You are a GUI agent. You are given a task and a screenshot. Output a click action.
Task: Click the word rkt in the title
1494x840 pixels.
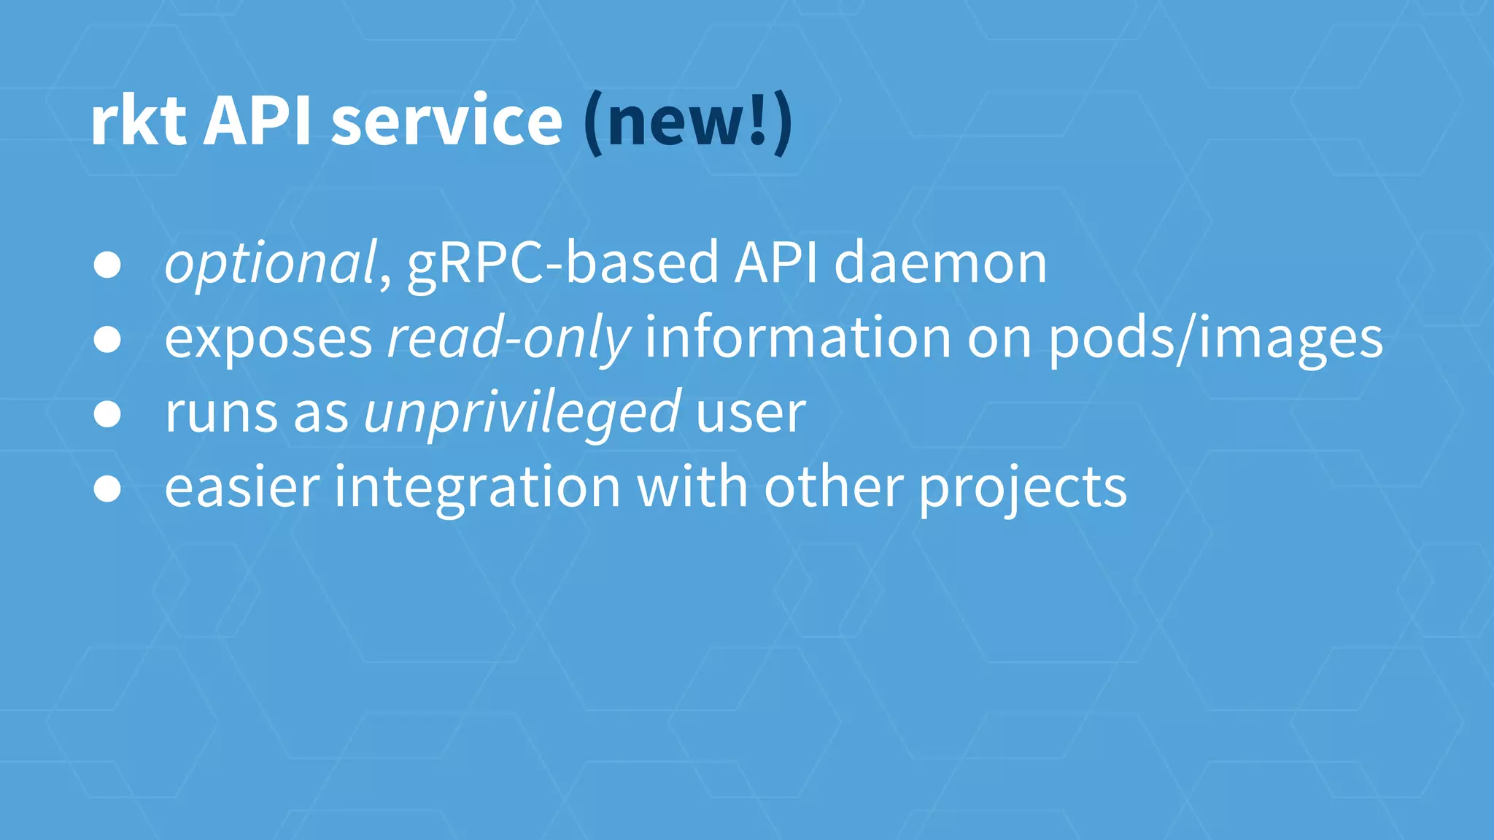tap(138, 121)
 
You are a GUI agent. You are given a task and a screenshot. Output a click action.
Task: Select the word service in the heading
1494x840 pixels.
tap(446, 121)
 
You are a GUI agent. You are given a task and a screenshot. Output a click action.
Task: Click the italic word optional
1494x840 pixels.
tap(271, 262)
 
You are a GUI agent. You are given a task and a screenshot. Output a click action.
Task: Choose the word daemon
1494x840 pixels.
tap(940, 262)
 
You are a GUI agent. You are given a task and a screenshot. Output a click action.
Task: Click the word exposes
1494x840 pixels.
tap(268, 338)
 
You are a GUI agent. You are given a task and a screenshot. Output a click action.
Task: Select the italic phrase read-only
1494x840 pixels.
tap(508, 338)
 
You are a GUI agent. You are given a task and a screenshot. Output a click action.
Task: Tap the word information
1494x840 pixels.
tap(797, 338)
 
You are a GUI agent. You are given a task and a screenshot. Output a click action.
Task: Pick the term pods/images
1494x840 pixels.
tap(1215, 338)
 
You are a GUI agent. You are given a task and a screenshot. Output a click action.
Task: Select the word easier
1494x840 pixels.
tap(242, 487)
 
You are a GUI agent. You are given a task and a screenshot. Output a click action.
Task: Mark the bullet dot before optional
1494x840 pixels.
tap(107, 265)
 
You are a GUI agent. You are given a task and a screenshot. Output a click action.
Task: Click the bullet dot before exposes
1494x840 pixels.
tap(107, 340)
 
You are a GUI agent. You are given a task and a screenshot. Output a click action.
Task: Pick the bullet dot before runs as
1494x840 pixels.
tap(107, 414)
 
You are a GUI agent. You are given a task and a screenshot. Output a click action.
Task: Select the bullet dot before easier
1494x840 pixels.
tap(107, 489)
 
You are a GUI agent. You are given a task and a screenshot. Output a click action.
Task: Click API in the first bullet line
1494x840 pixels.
tap(776, 262)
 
